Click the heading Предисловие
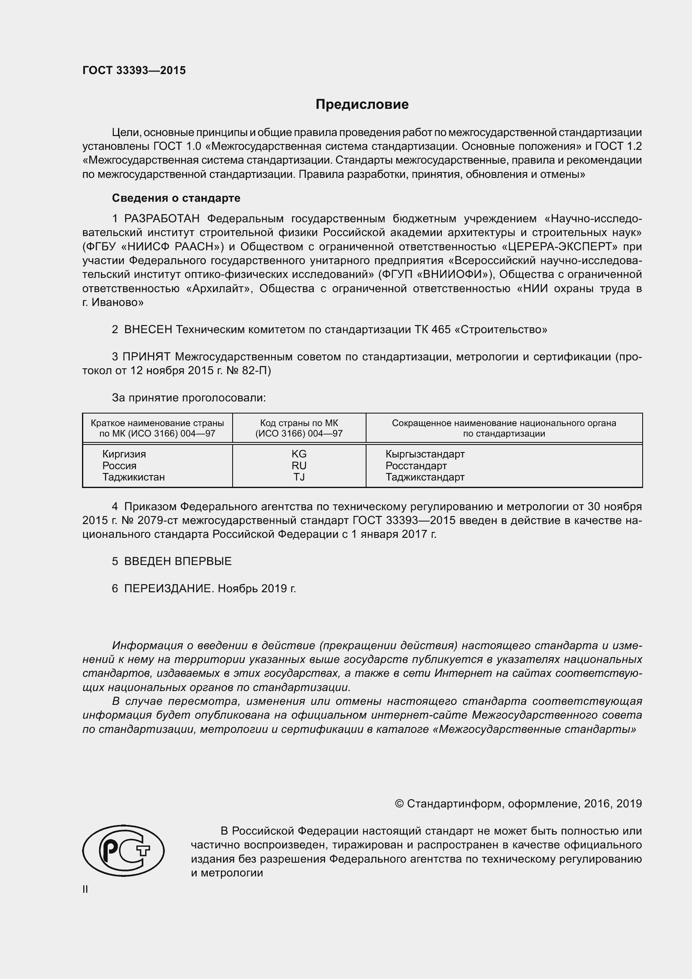[x=362, y=105]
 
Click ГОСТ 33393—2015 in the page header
[x=134, y=71]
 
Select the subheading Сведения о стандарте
[x=176, y=198]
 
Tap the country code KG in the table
[x=299, y=454]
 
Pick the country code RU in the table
[x=299, y=465]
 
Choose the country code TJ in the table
[x=299, y=477]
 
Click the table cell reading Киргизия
[x=124, y=454]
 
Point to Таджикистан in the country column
[x=133, y=477]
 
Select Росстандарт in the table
[x=416, y=465]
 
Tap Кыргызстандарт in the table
[x=425, y=454]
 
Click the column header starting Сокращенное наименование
[x=504, y=428]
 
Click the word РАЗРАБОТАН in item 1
[x=161, y=219]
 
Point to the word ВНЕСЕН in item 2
[x=148, y=329]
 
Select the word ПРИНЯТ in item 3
[x=146, y=357]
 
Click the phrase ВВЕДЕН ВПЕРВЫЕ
[x=178, y=561]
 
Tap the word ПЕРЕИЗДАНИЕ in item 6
[x=167, y=588]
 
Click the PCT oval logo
[x=123, y=850]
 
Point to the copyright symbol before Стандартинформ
[x=399, y=804]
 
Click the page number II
[x=85, y=889]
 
